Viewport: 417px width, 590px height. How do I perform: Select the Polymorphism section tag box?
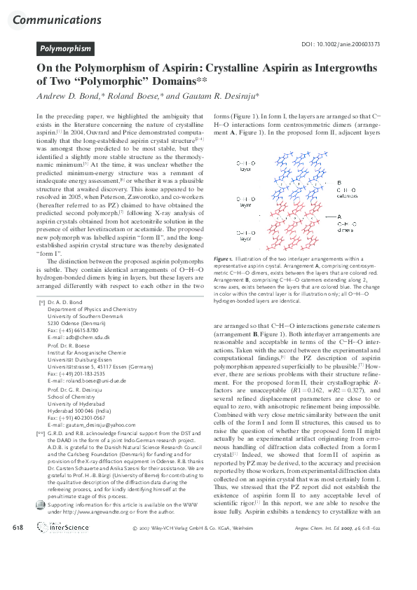[65, 49]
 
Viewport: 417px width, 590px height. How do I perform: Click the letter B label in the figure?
[339, 182]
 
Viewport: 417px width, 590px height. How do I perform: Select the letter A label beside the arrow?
[339, 217]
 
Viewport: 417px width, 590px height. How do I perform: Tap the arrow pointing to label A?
[322, 217]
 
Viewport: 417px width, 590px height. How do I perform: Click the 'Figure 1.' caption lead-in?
[224, 279]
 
